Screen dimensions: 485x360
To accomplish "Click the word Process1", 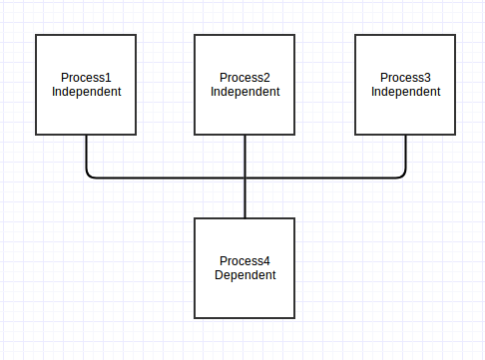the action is [86, 78].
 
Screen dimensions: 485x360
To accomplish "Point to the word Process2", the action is [244, 78].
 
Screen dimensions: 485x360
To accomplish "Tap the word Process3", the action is [405, 78].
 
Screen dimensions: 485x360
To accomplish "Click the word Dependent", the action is [244, 275].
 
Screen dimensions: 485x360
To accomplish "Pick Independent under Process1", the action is [86, 92].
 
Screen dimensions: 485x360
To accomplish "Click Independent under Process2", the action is [244, 92].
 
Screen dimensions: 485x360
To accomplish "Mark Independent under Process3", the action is [405, 92].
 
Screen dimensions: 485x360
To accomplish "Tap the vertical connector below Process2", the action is [244, 155].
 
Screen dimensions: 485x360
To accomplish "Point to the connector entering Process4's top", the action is [244, 199].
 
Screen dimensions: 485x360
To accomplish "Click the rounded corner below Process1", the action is [90, 175].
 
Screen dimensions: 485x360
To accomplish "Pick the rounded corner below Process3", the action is [403, 175].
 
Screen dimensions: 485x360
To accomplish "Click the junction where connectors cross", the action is [244, 178].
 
